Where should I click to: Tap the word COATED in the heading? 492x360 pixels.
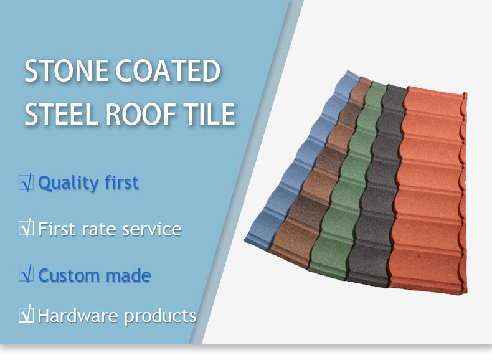tap(168, 70)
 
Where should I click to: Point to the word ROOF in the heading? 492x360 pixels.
tap(141, 113)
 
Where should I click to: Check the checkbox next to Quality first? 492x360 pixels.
tap(26, 183)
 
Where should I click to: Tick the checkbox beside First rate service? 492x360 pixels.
tap(26, 228)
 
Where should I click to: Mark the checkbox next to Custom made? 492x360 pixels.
tap(26, 274)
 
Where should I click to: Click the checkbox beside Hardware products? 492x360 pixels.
tap(26, 314)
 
